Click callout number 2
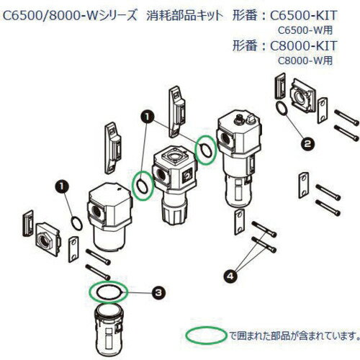coord(288,144)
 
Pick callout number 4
coord(230,274)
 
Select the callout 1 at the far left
coord(62,185)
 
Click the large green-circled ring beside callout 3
coord(107,291)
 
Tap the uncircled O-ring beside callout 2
coord(283,109)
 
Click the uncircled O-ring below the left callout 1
coord(76,220)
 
